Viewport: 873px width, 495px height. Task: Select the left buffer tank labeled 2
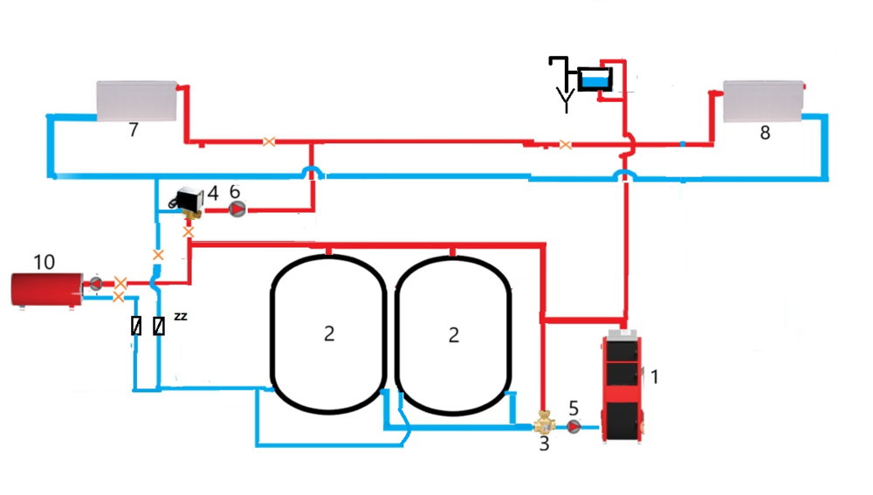tap(328, 333)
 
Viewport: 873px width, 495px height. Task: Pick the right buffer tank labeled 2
tap(452, 333)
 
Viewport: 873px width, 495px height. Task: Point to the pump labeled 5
tap(574, 426)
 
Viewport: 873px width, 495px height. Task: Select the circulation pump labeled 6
tap(237, 209)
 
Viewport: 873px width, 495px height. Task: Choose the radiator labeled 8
tap(762, 101)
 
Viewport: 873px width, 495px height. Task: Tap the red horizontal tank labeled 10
tap(46, 289)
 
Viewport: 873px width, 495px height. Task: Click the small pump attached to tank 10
tap(94, 283)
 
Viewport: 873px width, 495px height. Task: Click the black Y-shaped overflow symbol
tap(566, 103)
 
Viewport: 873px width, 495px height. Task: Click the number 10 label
tap(44, 262)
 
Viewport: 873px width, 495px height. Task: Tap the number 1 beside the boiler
tap(655, 377)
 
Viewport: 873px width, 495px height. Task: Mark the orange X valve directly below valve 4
tap(188, 232)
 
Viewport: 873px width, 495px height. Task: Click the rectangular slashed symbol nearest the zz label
tap(159, 327)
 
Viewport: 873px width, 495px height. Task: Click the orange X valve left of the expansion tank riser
tap(566, 145)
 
